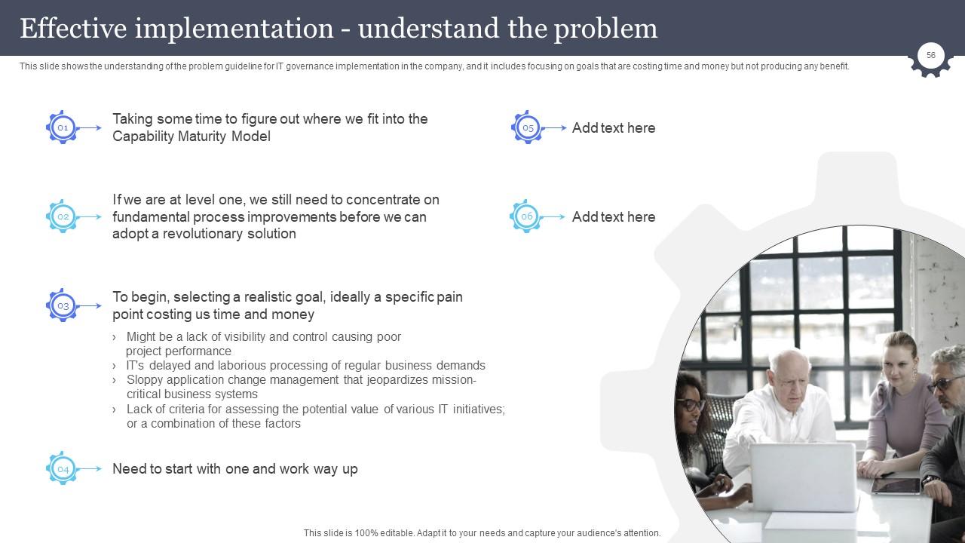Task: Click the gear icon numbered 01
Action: pyautogui.click(x=63, y=128)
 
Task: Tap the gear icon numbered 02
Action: pyautogui.click(x=63, y=216)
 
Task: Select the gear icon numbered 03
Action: pyautogui.click(x=63, y=306)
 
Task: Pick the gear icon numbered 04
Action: pyautogui.click(x=63, y=469)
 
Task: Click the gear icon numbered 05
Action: pyautogui.click(x=528, y=128)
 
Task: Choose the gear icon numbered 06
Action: pyautogui.click(x=526, y=216)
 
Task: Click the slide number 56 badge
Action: pyautogui.click(x=931, y=56)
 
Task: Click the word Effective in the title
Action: pyautogui.click(x=73, y=29)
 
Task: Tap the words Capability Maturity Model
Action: pyautogui.click(x=191, y=137)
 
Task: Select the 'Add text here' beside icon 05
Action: pyautogui.click(x=614, y=128)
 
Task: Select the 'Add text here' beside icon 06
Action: pyautogui.click(x=614, y=217)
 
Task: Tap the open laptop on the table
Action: pyautogui.click(x=804, y=475)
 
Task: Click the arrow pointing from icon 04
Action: pyautogui.click(x=90, y=469)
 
